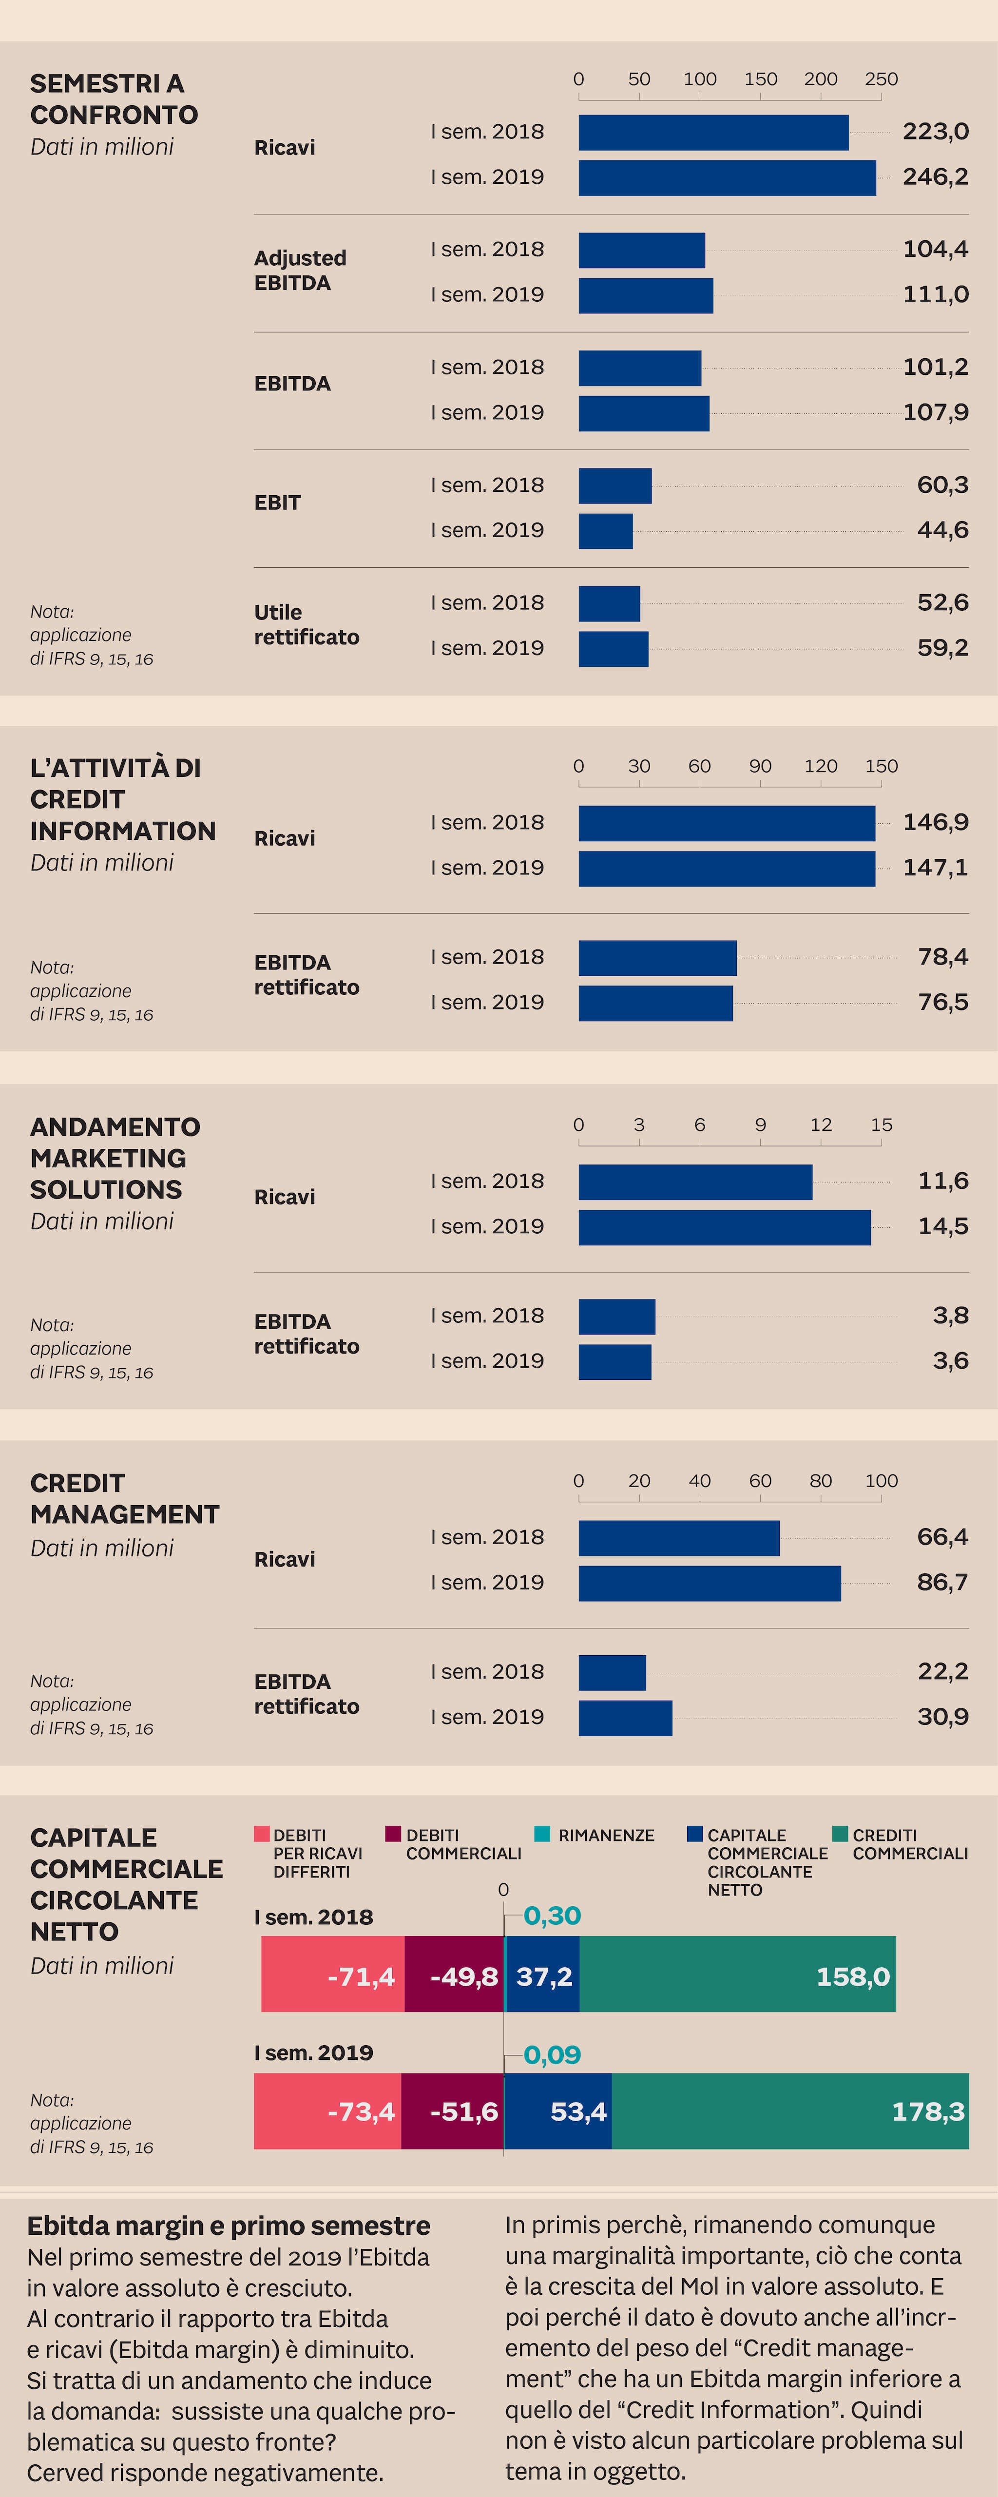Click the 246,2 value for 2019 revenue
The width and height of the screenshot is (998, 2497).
935,176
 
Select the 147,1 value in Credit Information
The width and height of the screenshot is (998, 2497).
935,868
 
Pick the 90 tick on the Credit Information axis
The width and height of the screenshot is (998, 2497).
760,766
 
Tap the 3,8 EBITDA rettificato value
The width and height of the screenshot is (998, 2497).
950,1316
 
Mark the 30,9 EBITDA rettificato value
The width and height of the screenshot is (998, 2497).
942,1717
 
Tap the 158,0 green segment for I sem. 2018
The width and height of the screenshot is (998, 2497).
737,1976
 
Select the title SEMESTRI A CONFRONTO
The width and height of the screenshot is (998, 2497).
114,99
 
